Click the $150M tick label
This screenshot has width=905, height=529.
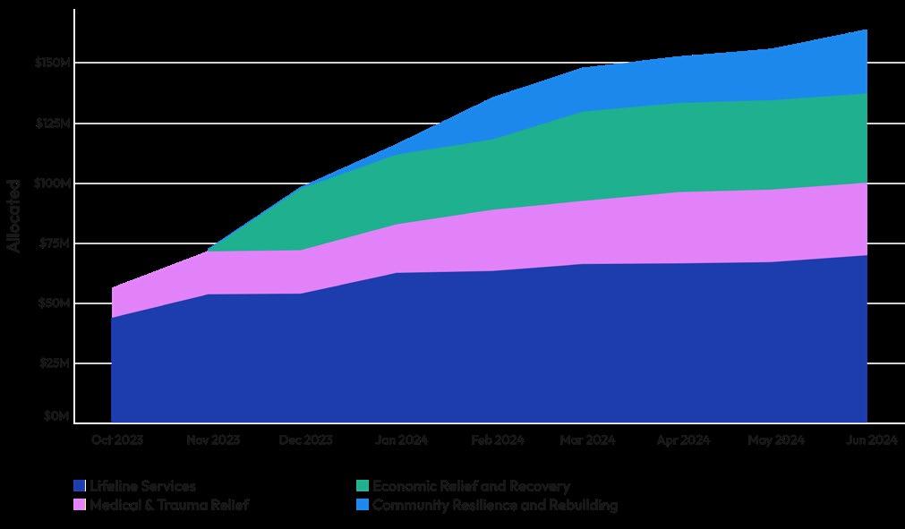[x=53, y=63]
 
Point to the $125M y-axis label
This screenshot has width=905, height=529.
[x=53, y=123]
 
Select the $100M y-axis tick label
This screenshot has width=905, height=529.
[x=53, y=183]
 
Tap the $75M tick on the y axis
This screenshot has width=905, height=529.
[x=55, y=243]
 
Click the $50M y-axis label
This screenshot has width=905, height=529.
[x=55, y=303]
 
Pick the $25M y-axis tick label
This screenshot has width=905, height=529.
[x=55, y=363]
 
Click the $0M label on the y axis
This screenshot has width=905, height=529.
[x=56, y=416]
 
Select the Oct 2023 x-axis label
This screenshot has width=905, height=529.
[x=117, y=440]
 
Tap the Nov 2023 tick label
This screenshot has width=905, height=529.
[x=213, y=440]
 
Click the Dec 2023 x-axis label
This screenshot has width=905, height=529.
[x=306, y=440]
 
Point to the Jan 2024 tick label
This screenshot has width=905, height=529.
[x=402, y=440]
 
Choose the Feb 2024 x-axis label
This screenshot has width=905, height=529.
[x=498, y=440]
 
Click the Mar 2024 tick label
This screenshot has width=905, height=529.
[x=587, y=440]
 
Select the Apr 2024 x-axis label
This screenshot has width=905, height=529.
[x=683, y=440]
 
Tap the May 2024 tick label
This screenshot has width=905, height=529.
[x=776, y=440]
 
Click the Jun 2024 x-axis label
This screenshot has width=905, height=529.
[x=872, y=440]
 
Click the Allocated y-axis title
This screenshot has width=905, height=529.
[x=13, y=216]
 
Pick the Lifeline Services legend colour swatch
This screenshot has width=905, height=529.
[x=80, y=486]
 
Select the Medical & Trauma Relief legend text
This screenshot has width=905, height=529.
[x=169, y=505]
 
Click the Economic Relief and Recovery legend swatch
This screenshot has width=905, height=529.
[x=363, y=486]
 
